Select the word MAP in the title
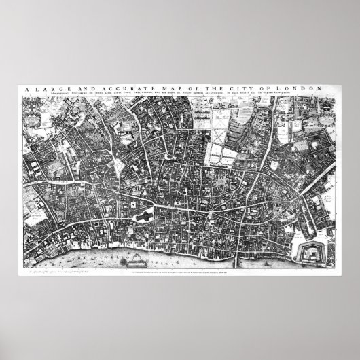click(x=166, y=88)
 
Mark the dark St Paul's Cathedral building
click(x=144, y=215)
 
